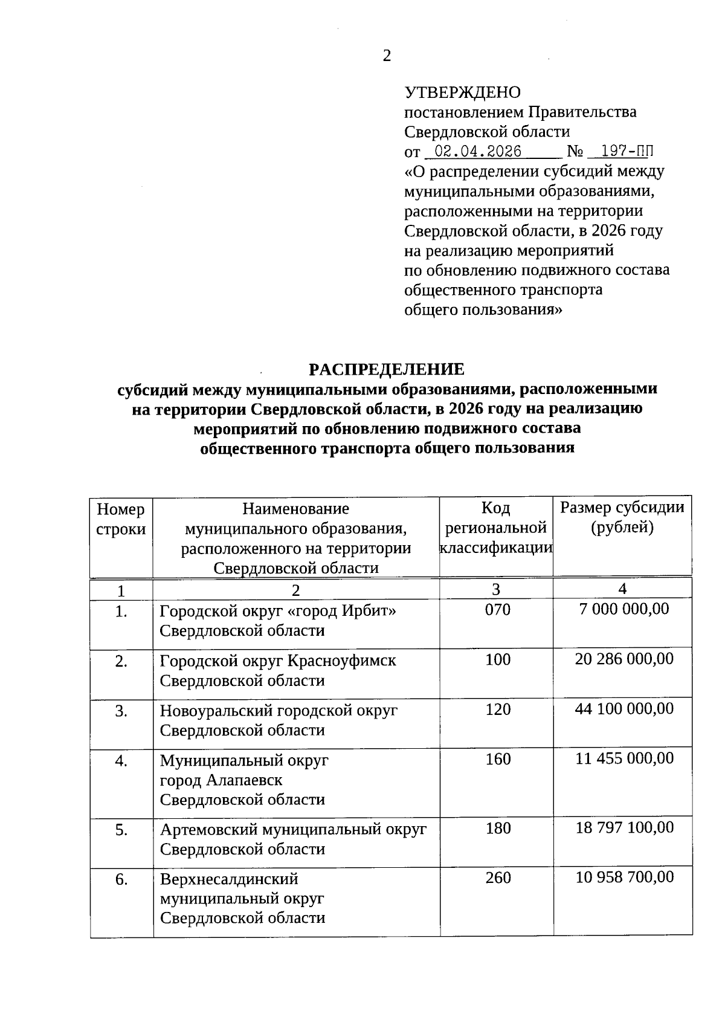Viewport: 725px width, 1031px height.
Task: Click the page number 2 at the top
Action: pos(387,56)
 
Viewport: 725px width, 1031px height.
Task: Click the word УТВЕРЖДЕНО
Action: pos(462,92)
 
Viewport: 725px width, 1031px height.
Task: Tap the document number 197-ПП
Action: pos(623,151)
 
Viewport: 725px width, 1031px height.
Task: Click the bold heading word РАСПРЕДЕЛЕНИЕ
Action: pos(387,369)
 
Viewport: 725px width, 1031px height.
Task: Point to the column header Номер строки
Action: pos(121,519)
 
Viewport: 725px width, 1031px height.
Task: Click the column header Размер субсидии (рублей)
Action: pos(622,517)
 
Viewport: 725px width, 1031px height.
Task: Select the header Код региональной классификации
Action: pos(495,528)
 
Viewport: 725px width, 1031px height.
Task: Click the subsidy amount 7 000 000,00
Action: pos(624,609)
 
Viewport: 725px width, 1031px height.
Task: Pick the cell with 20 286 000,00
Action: pos(624,659)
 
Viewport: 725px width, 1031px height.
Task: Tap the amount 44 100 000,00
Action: pos(624,708)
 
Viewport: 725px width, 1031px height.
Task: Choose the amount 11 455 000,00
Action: pos(624,758)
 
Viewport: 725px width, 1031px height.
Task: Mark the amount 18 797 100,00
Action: pos(624,827)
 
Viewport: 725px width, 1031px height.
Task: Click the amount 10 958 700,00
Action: pos(624,877)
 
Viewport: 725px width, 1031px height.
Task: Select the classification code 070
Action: pos(497,610)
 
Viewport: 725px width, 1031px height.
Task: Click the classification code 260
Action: pos(497,877)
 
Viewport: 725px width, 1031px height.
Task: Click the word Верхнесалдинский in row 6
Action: pos(229,879)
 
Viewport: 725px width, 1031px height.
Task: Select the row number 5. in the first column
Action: pos(121,830)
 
